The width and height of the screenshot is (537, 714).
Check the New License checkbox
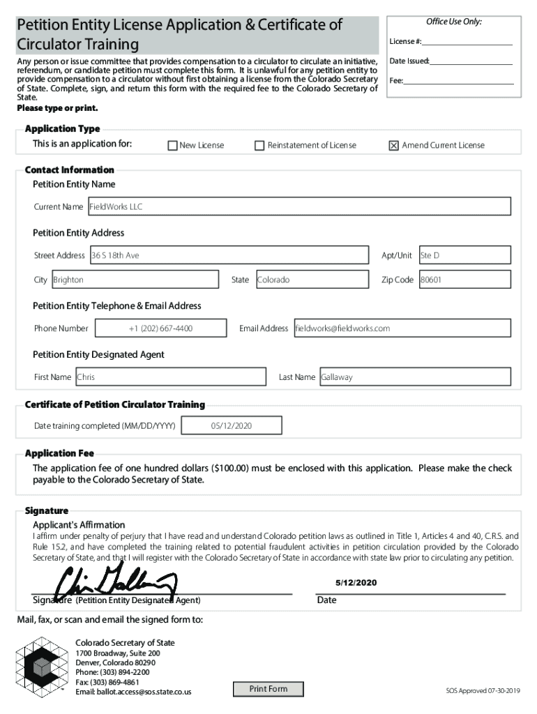172,146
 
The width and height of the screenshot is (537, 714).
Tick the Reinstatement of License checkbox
259,146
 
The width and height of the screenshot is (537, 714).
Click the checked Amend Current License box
393,146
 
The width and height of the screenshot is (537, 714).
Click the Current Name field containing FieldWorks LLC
298,206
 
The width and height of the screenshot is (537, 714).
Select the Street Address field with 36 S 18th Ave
229,255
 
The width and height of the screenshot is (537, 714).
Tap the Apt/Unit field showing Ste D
464,255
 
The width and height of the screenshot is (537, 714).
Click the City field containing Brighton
135,280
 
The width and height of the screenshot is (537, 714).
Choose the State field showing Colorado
311,280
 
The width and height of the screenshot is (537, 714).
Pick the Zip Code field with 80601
464,280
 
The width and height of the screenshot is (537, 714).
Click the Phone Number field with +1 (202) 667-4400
160,328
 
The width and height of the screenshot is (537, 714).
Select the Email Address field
402,328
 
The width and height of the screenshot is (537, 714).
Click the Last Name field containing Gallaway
415,377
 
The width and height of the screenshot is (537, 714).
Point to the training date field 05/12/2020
232,425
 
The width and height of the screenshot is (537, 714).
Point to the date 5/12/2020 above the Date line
356,582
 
